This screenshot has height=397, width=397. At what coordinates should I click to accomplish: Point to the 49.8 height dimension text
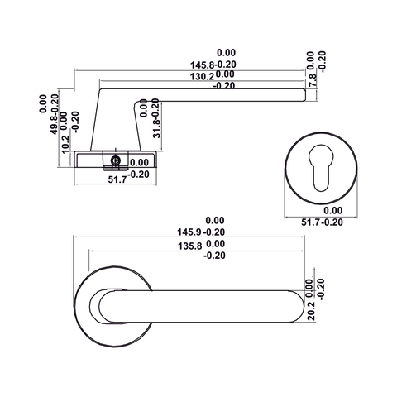pyautogui.click(x=55, y=118)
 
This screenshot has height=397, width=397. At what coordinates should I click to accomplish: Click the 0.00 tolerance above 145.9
pyautogui.click(x=215, y=220)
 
